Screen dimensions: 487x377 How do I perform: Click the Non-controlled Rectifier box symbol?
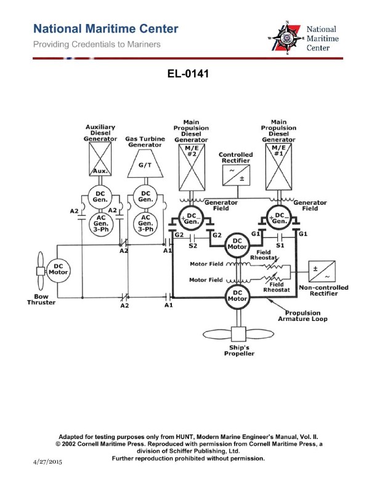(x=323, y=271)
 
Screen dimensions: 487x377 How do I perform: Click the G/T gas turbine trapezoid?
(x=145, y=165)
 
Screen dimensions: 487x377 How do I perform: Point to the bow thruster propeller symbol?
(x=39, y=271)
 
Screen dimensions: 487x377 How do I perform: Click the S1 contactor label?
(x=280, y=245)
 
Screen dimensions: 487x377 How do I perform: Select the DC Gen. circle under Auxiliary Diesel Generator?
(x=100, y=196)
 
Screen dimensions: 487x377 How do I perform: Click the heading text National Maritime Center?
(x=106, y=29)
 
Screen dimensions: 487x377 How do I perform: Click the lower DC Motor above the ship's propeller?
(x=237, y=295)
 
